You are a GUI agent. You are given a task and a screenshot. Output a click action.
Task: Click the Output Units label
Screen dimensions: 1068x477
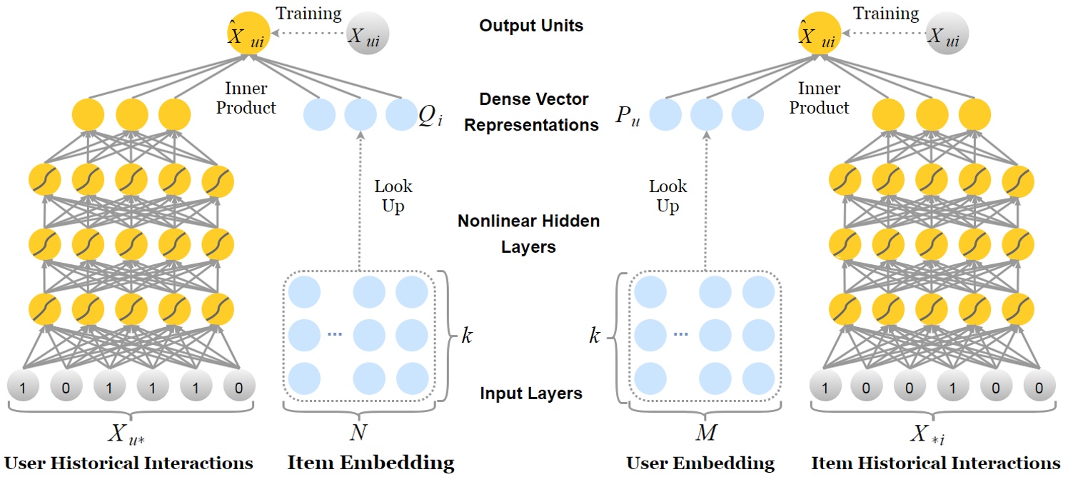click(531, 26)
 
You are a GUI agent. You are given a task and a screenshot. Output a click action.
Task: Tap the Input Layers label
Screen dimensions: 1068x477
click(531, 393)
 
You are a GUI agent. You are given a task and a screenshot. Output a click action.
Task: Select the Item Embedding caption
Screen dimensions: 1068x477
click(371, 463)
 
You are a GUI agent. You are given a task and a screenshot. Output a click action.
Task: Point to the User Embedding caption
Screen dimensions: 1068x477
click(700, 463)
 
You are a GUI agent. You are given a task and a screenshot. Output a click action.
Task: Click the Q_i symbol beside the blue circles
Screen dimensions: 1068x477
click(430, 116)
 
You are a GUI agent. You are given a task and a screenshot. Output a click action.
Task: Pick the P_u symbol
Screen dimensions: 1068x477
click(628, 116)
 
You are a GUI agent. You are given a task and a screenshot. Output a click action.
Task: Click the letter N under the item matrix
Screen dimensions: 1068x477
click(358, 432)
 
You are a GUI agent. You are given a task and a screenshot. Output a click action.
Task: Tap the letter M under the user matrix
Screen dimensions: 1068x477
click(706, 432)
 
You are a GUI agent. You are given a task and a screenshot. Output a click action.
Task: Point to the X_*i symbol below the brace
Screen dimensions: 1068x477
click(927, 435)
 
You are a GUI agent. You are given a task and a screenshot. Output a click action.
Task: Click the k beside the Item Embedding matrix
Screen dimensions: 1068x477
click(467, 336)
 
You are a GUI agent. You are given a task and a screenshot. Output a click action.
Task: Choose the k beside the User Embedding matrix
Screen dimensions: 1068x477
click(594, 336)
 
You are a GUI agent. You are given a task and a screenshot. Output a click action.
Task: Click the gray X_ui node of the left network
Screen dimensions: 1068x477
click(368, 34)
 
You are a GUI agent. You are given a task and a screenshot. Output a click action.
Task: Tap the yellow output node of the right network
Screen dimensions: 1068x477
click(820, 34)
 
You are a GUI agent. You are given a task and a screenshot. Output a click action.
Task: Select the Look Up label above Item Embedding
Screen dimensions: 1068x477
click(393, 196)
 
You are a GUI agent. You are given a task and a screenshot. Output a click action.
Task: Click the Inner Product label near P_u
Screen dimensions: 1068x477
click(819, 98)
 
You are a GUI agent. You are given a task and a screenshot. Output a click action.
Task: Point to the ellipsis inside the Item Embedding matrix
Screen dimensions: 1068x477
click(335, 334)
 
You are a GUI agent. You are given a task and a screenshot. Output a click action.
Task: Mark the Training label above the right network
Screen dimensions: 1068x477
click(886, 14)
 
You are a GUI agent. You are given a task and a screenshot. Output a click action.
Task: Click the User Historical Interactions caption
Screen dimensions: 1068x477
click(129, 463)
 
